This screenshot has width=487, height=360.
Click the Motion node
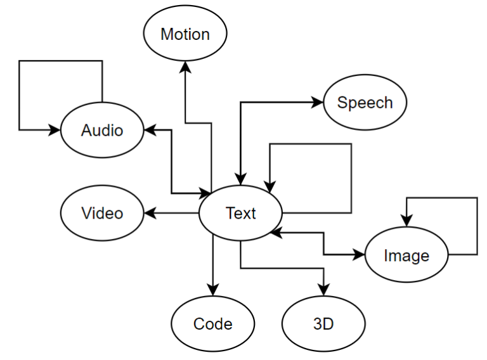[185, 34]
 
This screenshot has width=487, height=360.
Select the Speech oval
[365, 103]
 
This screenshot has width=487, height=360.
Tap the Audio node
[102, 130]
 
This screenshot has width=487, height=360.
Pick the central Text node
[240, 214]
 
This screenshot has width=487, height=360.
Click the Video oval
[102, 214]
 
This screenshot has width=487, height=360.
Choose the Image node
[406, 255]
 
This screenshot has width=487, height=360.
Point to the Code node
[212, 325]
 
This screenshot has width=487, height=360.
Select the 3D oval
[323, 325]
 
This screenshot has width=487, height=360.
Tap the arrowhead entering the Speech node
[319, 103]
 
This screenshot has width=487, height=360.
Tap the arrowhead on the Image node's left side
[361, 255]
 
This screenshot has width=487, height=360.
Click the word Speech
[365, 103]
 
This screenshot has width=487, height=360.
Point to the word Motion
[185, 34]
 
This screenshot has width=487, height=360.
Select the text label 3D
[323, 325]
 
